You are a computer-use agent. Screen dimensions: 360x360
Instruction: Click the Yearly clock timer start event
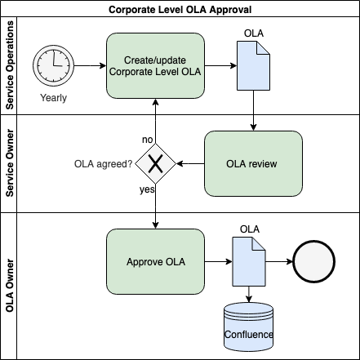pos(53,65)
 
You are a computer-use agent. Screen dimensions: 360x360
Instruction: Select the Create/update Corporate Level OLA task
pos(155,65)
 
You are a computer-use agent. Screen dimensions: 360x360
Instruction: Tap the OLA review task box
pos(253,163)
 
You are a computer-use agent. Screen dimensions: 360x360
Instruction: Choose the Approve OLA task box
pos(155,261)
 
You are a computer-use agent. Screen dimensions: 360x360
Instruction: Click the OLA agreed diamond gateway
pos(155,163)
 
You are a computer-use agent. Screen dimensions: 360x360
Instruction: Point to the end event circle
pos(313,261)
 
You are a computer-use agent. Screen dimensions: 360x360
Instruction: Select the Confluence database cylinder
pos(248,327)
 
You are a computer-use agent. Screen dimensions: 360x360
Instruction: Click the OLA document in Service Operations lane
pos(253,65)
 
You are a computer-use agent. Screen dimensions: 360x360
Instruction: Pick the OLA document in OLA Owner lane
pos(249,261)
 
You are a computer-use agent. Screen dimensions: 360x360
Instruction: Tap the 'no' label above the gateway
pos(148,140)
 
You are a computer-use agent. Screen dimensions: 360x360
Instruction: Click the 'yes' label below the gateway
pos(147,189)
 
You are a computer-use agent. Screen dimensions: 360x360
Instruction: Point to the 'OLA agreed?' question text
pos(104,164)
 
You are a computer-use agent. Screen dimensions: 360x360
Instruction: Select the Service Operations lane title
pos(10,65)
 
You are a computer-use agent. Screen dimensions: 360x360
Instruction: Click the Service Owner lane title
pos(10,163)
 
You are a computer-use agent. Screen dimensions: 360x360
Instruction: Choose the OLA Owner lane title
pos(10,286)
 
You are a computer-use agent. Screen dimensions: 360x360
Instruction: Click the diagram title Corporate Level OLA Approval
pos(180,10)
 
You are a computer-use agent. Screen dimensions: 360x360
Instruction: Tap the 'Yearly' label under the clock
pos(54,98)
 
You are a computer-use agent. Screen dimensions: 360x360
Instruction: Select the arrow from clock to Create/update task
pos(90,65)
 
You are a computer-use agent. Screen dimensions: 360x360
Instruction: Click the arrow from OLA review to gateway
pos(190,163)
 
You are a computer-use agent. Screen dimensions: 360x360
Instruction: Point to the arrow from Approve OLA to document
pos(218,261)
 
